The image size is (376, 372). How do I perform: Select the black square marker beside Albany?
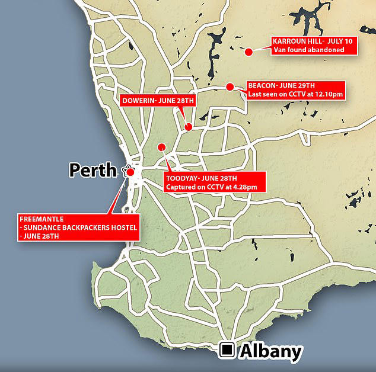(x=227, y=351)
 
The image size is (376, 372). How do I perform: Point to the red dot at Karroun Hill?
(x=249, y=52)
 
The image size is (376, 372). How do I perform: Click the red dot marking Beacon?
(x=230, y=86)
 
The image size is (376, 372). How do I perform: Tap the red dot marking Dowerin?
(x=188, y=127)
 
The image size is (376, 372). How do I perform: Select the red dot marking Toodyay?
(x=160, y=147)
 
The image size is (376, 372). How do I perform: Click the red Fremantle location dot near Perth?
(x=130, y=172)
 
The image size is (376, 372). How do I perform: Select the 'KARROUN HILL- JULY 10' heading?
(x=306, y=41)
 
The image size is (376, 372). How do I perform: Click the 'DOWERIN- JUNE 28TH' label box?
(x=157, y=101)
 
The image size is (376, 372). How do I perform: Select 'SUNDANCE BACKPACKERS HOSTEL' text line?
(x=79, y=227)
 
